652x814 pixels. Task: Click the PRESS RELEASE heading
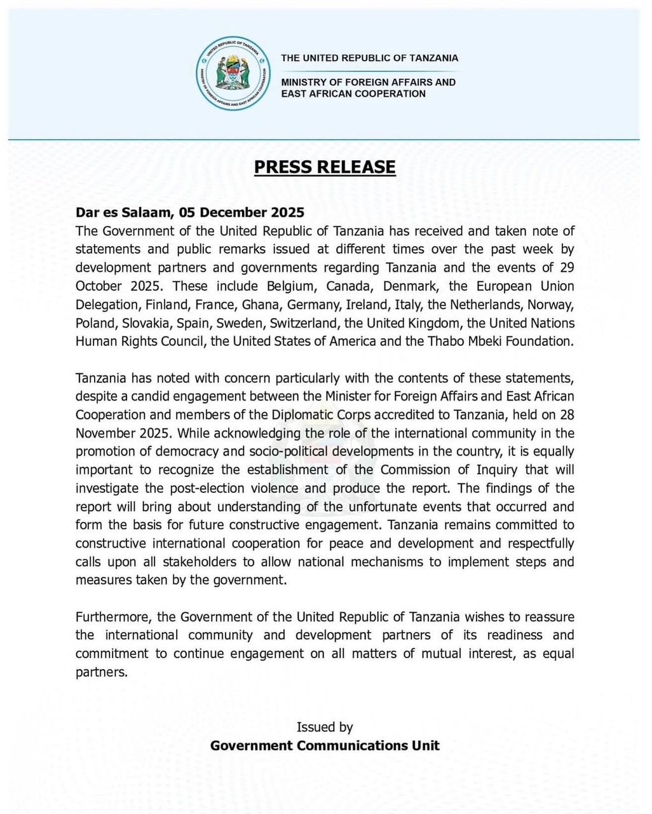(x=325, y=167)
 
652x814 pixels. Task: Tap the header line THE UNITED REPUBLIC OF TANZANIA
(x=369, y=58)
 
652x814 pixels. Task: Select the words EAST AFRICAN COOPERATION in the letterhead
(x=353, y=93)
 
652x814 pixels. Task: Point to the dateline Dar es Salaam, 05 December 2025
(x=190, y=212)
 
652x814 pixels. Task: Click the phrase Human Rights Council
(x=140, y=341)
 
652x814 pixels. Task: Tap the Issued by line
(x=325, y=728)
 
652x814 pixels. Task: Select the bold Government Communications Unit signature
(x=325, y=746)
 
